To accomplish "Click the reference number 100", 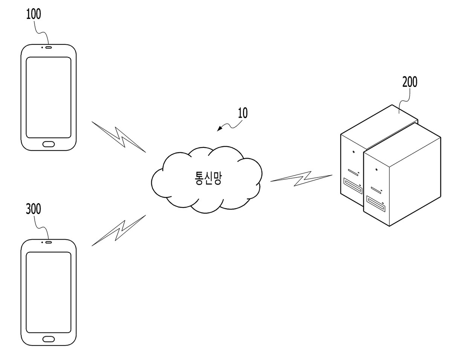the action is point(34,14).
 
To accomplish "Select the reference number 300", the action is point(34,209).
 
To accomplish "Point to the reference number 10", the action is point(243,113).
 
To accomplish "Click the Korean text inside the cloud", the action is point(208,178).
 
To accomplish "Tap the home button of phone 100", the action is point(49,144).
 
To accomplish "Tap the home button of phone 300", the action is point(49,339).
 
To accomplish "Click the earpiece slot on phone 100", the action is point(49,47).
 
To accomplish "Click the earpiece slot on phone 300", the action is point(49,243).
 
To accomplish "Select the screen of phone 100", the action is point(49,97).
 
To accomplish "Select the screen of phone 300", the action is point(49,292).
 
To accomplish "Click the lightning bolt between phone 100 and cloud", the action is point(119,137).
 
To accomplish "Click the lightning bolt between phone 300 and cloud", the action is point(119,231).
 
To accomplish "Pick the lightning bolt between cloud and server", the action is point(301,179).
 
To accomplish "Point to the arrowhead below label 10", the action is point(220,129).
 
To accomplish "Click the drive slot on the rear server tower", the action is point(353,185).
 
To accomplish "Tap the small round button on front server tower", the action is point(376,170).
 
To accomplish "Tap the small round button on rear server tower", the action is point(354,152).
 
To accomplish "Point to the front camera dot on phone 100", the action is point(42,47).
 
